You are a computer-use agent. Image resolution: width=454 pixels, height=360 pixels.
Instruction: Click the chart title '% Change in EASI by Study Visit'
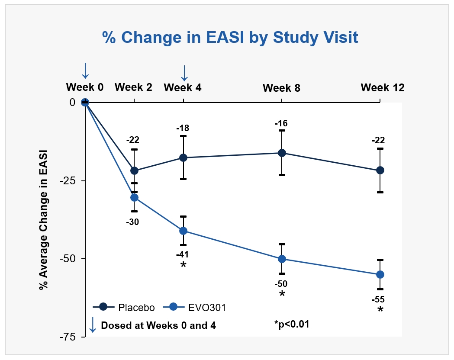[x=230, y=38]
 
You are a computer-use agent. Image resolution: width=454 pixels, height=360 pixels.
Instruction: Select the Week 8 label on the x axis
[x=281, y=88]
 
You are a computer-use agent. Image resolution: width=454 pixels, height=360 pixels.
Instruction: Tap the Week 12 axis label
[x=383, y=87]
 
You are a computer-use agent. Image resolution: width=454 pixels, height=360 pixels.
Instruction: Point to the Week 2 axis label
[x=133, y=87]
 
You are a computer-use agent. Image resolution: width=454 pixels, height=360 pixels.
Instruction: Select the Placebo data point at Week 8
[x=282, y=153]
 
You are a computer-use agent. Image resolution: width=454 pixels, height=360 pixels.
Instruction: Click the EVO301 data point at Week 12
[x=380, y=274]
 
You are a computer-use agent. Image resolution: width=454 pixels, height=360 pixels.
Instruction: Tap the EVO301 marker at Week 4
[x=184, y=231]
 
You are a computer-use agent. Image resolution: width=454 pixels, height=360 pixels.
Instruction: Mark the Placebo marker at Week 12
[x=380, y=170]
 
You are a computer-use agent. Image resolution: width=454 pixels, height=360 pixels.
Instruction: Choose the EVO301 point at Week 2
[x=134, y=197]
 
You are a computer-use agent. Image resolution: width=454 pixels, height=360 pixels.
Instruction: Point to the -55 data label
[x=378, y=299]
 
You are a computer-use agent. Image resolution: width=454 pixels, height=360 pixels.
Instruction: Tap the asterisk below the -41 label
[x=184, y=265]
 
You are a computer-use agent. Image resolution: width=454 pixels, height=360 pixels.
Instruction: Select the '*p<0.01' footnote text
[x=292, y=324]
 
